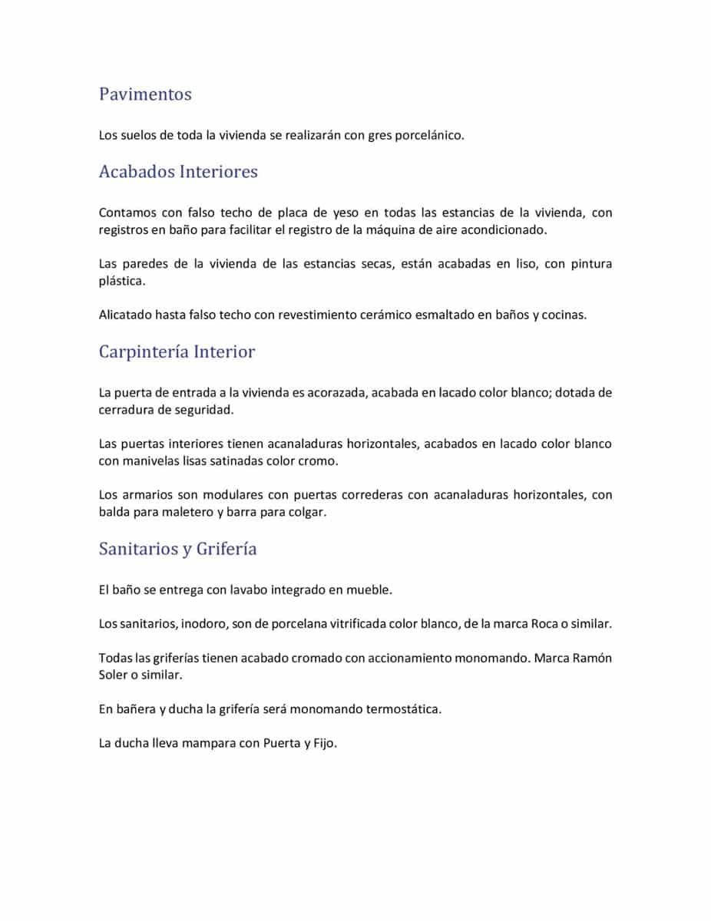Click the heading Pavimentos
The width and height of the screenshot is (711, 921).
click(145, 94)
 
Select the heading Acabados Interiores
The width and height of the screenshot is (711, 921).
click(178, 172)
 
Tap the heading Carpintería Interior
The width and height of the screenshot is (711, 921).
click(177, 352)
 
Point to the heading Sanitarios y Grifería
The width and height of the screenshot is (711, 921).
click(177, 550)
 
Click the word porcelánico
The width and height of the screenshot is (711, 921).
click(429, 135)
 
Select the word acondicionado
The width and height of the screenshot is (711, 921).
click(505, 229)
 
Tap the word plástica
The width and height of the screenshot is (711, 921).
click(121, 281)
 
